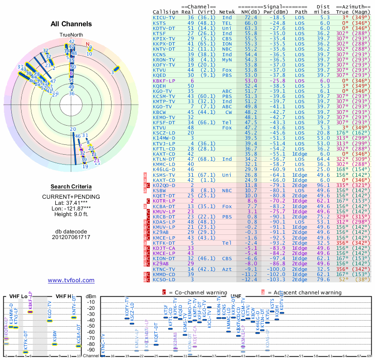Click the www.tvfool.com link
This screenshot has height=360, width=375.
71,280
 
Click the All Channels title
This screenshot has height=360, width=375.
71,24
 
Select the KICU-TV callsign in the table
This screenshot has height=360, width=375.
164,17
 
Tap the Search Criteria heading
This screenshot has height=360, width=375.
71,187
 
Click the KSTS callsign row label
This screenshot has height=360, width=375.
159,23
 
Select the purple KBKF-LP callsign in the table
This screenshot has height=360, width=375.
164,81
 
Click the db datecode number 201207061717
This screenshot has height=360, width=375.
71,237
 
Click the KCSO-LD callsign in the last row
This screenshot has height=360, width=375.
164,279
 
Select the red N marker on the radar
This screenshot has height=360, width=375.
87,45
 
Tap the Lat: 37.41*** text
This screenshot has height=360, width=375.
71,202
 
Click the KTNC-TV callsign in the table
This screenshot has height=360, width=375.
164,269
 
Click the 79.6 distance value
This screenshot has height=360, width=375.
324,279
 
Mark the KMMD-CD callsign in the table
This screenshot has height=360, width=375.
164,274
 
